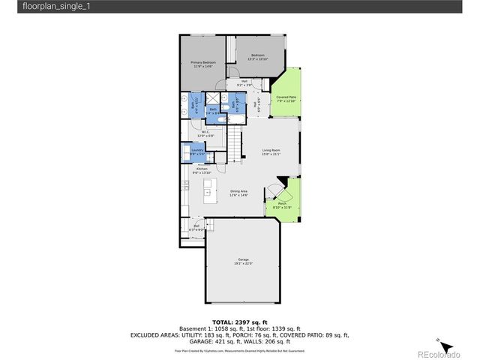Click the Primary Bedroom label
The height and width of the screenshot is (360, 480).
[x=202, y=64]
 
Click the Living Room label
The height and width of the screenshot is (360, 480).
[x=271, y=152]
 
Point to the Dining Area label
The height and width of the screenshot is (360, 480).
[x=239, y=193]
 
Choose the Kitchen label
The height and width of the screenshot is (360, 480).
[x=202, y=171]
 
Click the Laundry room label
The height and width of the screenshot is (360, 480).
[x=197, y=151]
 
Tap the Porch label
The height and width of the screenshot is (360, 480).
[x=283, y=205]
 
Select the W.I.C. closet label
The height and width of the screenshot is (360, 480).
[x=205, y=134]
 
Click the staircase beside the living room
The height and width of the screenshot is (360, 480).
[x=236, y=142]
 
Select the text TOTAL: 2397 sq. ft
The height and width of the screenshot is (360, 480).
[x=239, y=321]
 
